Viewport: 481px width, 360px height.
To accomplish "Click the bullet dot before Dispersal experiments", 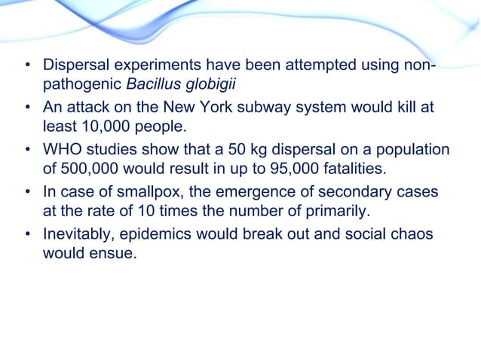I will (x=27, y=66).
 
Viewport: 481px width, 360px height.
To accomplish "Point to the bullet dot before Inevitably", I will (x=27, y=233).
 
